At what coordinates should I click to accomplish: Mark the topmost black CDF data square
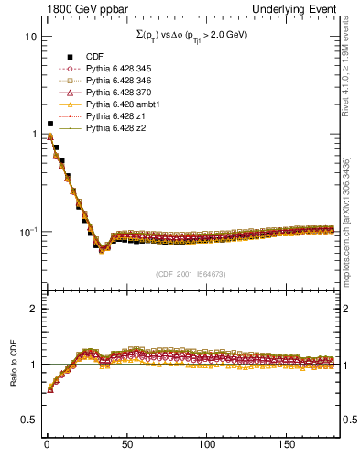[49, 123]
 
